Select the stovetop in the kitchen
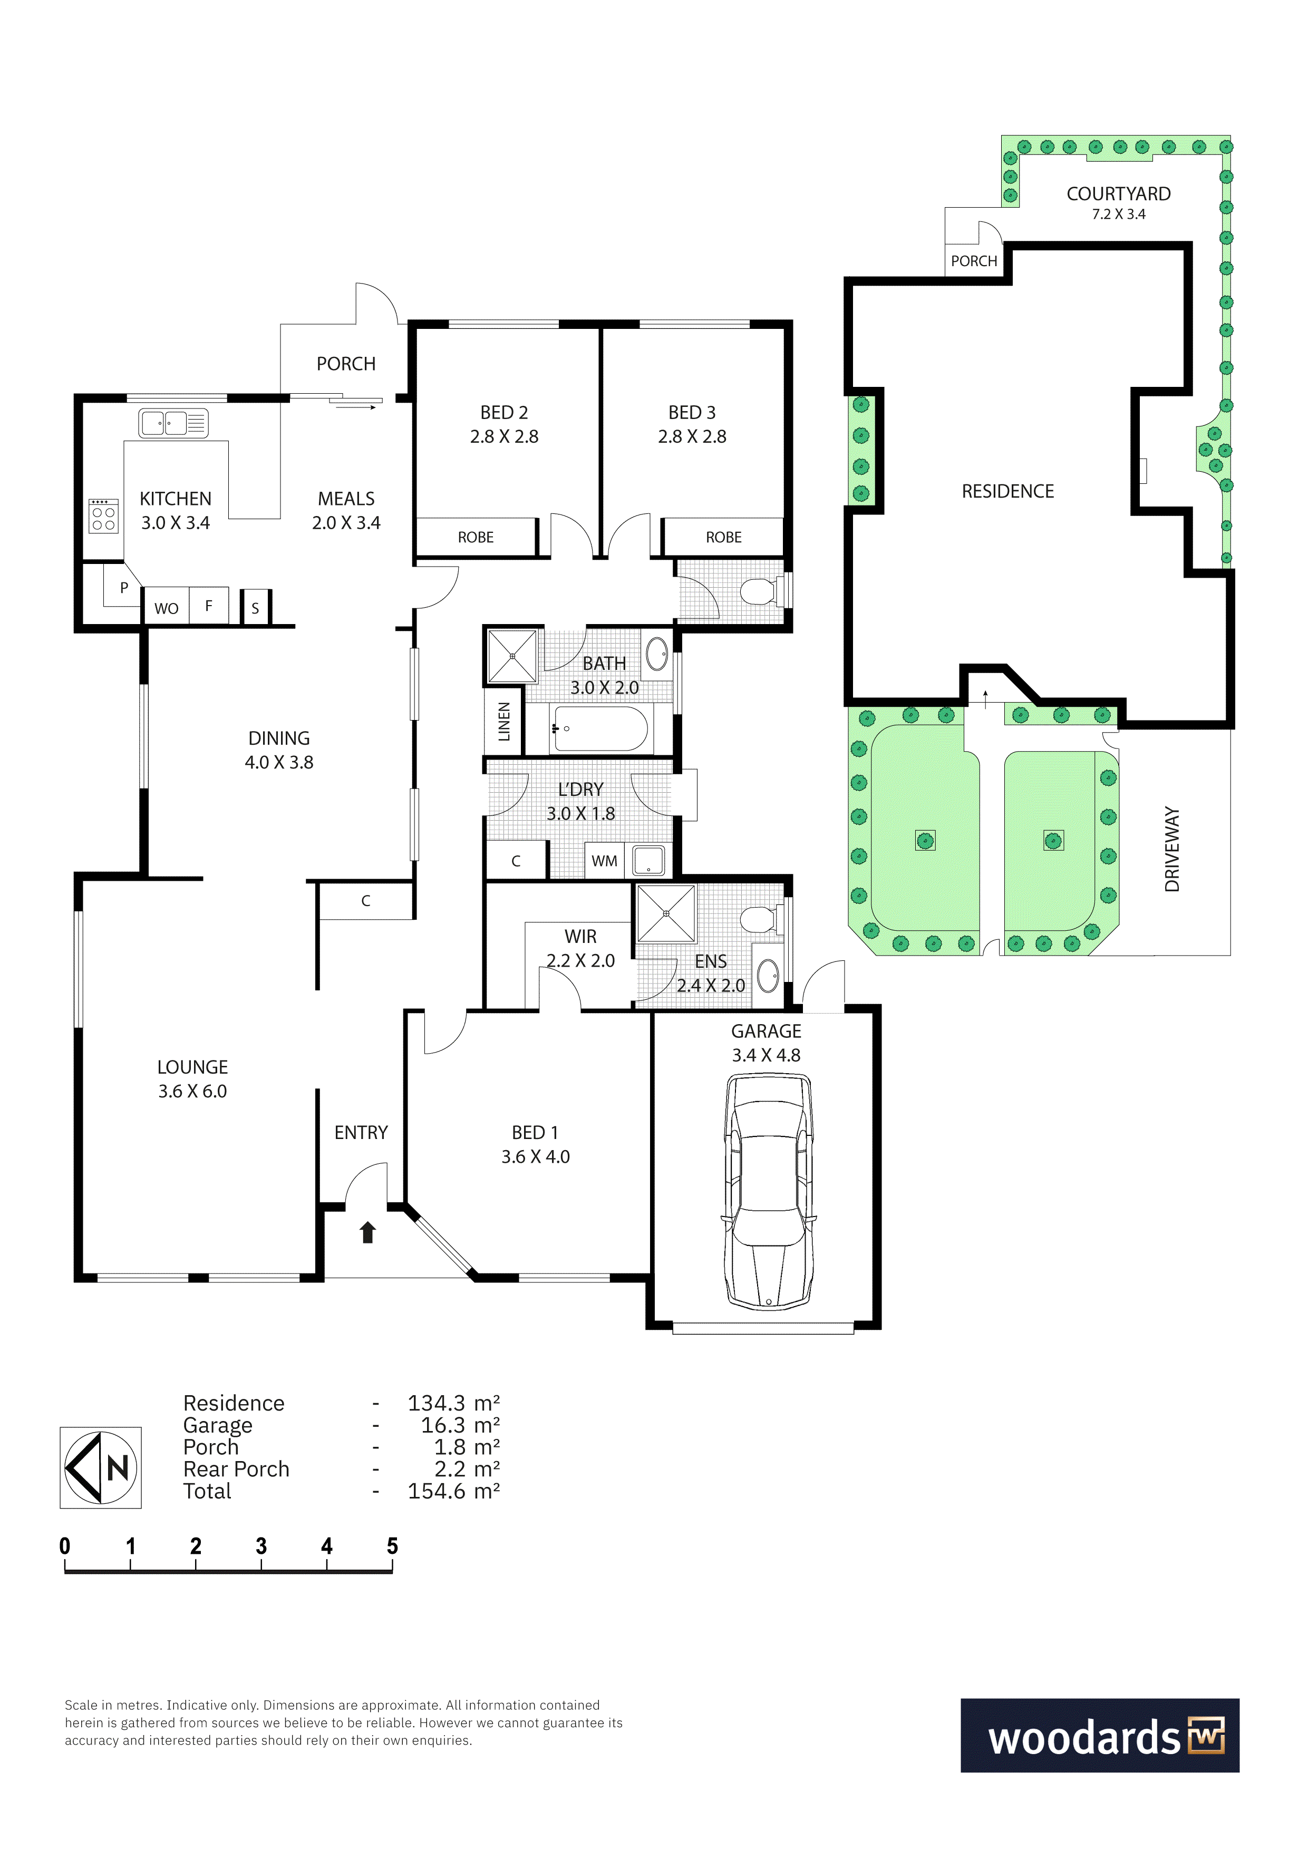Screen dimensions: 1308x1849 (103, 515)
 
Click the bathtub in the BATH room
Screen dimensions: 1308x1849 (600, 729)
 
